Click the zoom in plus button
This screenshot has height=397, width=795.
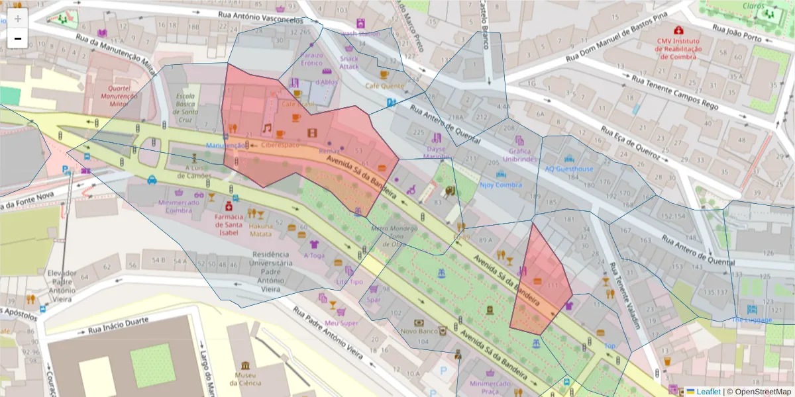click(x=18, y=19)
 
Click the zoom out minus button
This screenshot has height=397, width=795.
click(x=18, y=39)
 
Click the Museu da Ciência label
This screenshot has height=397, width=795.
click(x=246, y=378)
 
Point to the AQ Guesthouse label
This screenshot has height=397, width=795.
click(x=569, y=168)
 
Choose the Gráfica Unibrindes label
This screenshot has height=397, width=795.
click(x=519, y=154)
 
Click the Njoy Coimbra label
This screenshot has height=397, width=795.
click(x=501, y=185)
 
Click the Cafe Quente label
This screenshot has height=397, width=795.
click(x=384, y=86)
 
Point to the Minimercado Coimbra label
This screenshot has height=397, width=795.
click(x=179, y=206)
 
